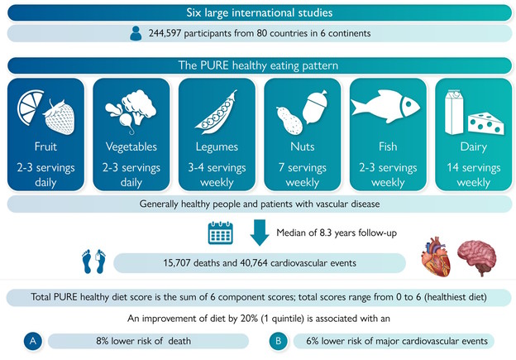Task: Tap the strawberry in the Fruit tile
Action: (x=60, y=117)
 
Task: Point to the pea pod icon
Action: (x=215, y=112)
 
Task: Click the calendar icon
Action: (x=220, y=233)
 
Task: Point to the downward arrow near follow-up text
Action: (x=258, y=233)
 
